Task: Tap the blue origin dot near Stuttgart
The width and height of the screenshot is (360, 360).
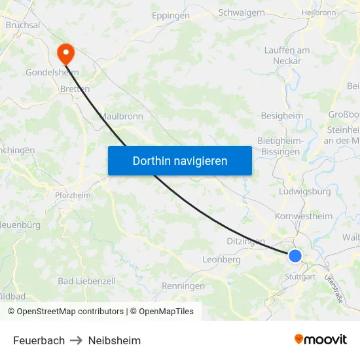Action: tap(295, 256)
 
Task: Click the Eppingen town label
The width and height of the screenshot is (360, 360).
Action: tap(170, 15)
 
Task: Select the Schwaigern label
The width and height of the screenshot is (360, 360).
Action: tap(242, 12)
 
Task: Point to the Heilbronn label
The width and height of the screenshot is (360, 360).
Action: tap(319, 12)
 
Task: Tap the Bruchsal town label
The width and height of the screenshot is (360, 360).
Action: tap(23, 25)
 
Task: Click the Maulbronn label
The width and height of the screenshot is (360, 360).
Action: tap(121, 116)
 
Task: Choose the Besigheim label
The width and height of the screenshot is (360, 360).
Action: tap(281, 116)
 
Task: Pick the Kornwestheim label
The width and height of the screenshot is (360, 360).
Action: tap(304, 216)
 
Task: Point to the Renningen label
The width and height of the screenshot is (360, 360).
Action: tap(183, 286)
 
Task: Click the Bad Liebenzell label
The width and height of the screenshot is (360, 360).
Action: tap(86, 281)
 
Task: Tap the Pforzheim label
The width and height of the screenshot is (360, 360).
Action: tap(72, 195)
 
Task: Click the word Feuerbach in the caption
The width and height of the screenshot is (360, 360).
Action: tap(39, 340)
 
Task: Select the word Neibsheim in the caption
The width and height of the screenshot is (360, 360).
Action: tap(115, 340)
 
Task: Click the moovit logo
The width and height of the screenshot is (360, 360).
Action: tap(320, 339)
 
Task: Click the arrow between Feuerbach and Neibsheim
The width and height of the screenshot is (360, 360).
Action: tap(77, 340)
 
